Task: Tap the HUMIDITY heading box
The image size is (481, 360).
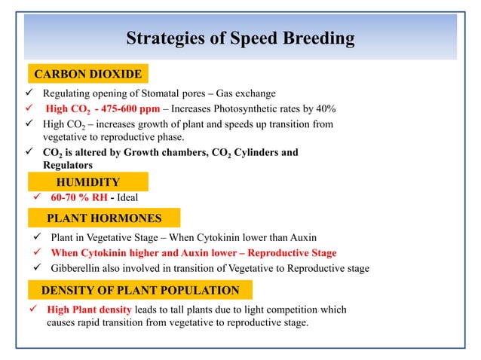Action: [88, 182]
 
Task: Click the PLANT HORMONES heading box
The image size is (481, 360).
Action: [104, 218]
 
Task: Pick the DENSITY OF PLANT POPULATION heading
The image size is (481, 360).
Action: [139, 290]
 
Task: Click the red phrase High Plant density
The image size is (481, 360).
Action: [89, 310]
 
